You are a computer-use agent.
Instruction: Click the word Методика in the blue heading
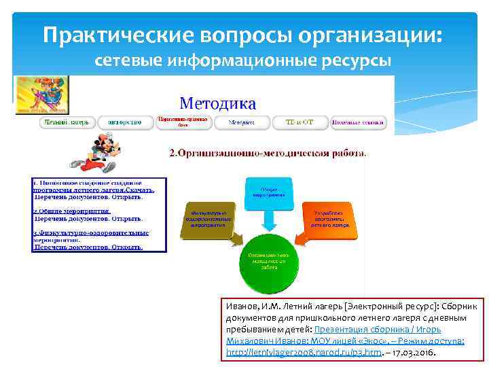(217, 103)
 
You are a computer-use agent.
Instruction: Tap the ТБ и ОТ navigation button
(299, 123)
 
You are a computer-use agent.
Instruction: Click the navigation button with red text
(182, 122)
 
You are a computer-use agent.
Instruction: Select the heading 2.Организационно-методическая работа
(266, 153)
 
